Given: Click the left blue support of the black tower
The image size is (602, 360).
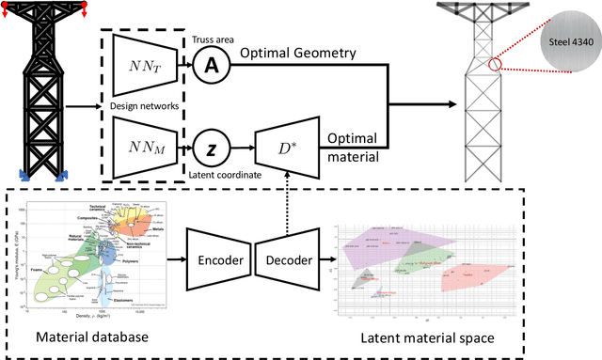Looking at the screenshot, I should pyautogui.click(x=21, y=174).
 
